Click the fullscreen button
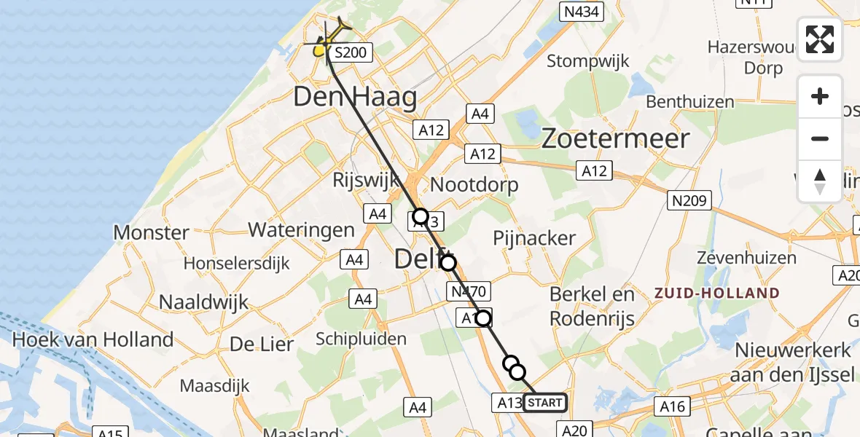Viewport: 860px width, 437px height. (x=820, y=39)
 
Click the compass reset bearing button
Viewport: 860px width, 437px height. (x=820, y=181)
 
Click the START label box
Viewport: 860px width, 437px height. (x=544, y=403)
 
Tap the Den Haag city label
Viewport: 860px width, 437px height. (x=355, y=98)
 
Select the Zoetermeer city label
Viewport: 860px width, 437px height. (x=615, y=138)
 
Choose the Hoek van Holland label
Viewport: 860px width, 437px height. (x=93, y=339)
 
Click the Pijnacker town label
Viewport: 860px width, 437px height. (x=534, y=237)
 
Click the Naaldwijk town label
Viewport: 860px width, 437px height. (x=204, y=302)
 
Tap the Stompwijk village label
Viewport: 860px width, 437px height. (x=587, y=60)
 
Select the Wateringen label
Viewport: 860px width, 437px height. (x=301, y=230)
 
